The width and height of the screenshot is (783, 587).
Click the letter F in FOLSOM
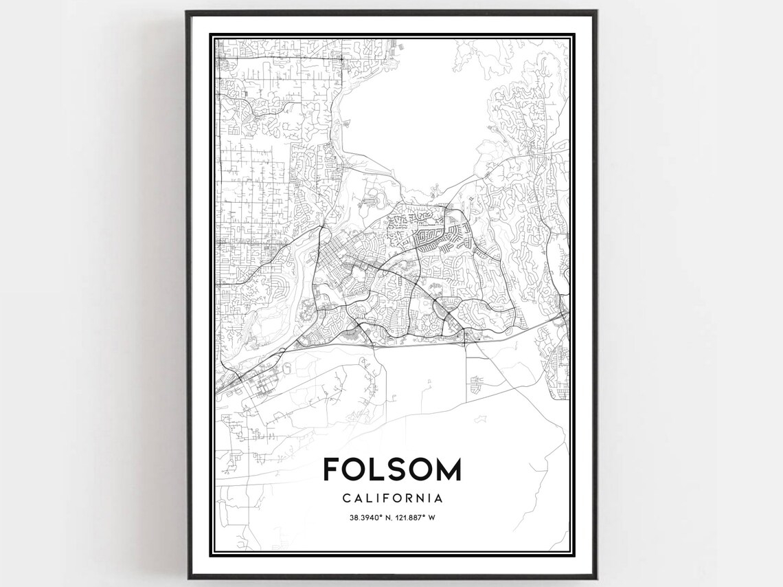(332, 470)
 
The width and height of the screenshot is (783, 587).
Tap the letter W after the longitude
(432, 518)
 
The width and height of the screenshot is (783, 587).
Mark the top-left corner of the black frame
(188, 12)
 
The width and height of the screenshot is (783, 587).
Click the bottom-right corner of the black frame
(594, 578)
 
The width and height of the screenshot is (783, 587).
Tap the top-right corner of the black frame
(594, 12)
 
